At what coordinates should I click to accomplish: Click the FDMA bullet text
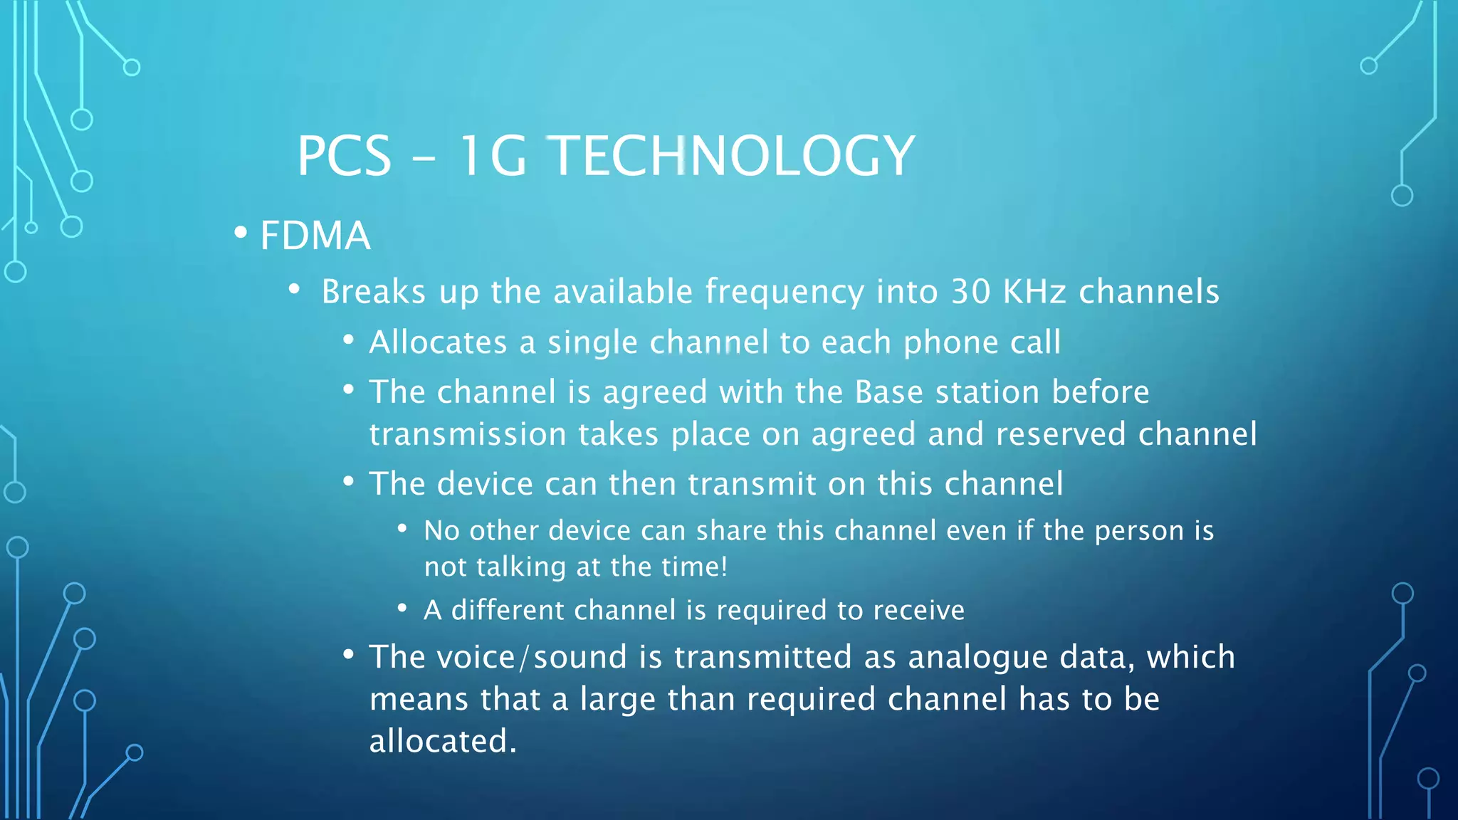pos(315,236)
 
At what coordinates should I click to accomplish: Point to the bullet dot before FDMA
pos(241,233)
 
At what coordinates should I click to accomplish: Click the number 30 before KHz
pos(970,291)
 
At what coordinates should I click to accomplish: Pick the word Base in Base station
pos(888,392)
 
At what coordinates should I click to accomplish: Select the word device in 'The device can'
pos(484,484)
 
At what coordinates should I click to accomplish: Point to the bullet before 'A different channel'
pos(402,609)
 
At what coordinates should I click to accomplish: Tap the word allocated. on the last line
pos(442,741)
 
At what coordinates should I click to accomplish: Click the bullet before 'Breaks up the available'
pos(294,290)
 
